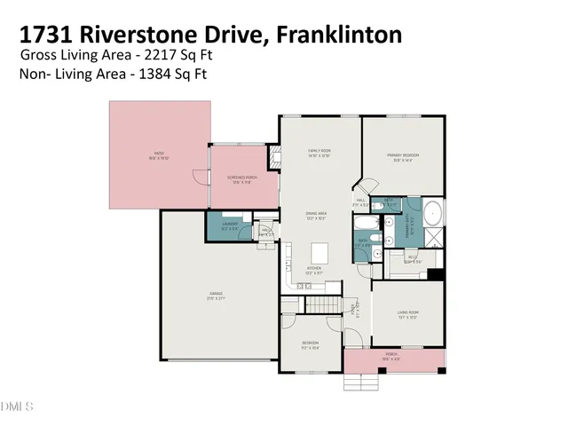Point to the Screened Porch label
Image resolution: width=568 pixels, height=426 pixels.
242,178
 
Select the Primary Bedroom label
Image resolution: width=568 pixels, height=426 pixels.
401,156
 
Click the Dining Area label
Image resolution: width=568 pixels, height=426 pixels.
318,214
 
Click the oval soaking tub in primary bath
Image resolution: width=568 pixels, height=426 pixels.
433,214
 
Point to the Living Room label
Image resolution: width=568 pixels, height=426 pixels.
406,312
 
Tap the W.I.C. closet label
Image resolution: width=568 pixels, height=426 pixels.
413,260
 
